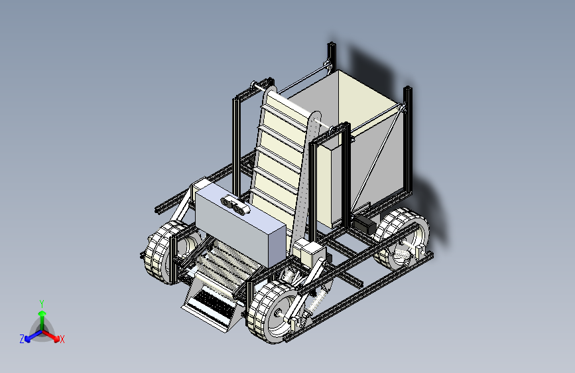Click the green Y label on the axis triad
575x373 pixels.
pos(42,304)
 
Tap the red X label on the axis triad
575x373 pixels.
pos(62,339)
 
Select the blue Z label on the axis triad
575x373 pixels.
pos(22,339)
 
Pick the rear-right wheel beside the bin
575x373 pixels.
pos(402,239)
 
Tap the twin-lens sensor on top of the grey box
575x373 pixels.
pos(235,205)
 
